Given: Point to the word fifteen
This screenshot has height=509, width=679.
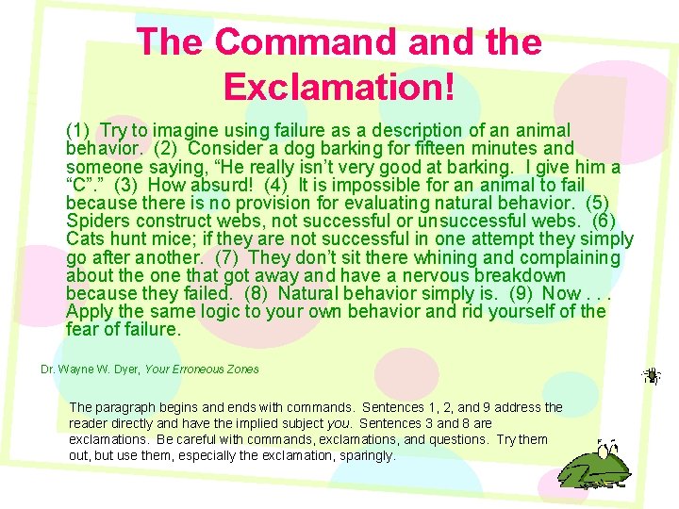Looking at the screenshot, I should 447,149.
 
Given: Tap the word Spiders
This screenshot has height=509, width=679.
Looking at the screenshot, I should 98,221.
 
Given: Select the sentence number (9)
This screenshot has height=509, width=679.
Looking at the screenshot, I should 521,293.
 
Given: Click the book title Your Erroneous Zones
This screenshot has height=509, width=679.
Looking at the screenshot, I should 202,369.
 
